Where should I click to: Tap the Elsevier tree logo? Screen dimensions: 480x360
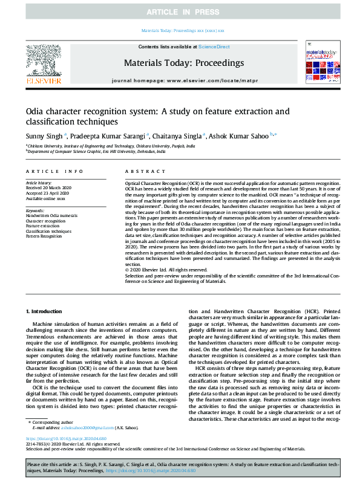coord(43,63)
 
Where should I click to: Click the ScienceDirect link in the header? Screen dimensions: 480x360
coord(214,47)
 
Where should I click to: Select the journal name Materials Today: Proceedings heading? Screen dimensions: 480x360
coord(184,62)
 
